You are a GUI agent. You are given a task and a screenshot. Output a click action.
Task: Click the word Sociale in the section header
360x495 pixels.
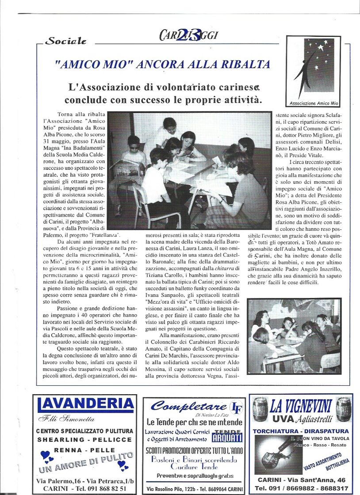click(66, 41)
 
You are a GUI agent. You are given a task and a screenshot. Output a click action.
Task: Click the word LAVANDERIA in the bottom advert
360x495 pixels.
click(85, 404)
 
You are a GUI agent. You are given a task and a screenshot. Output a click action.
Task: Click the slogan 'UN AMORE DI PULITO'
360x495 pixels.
click(86, 462)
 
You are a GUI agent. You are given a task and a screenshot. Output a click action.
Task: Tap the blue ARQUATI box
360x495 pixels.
click(227, 438)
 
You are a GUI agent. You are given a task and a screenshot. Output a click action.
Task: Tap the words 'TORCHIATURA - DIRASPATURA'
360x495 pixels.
click(301, 431)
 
